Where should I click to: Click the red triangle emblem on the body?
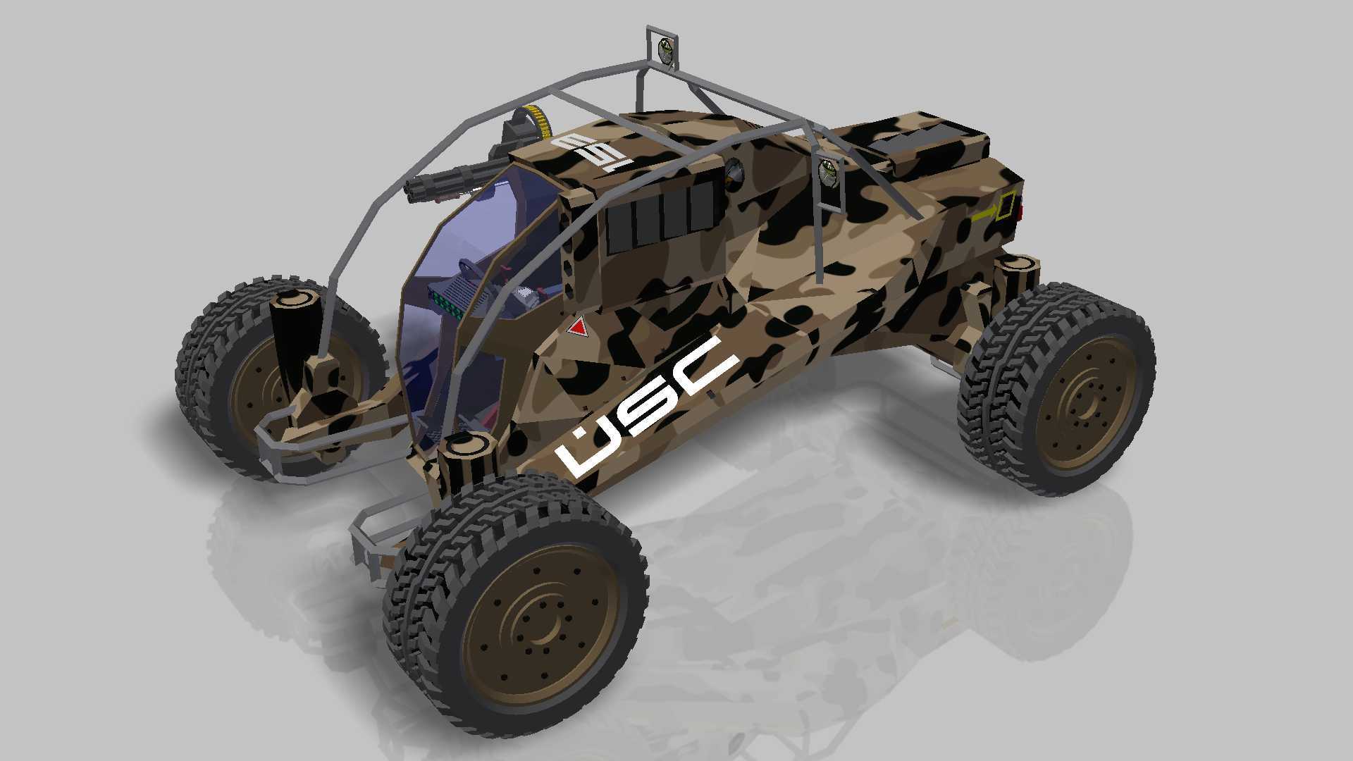coord(578,327)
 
